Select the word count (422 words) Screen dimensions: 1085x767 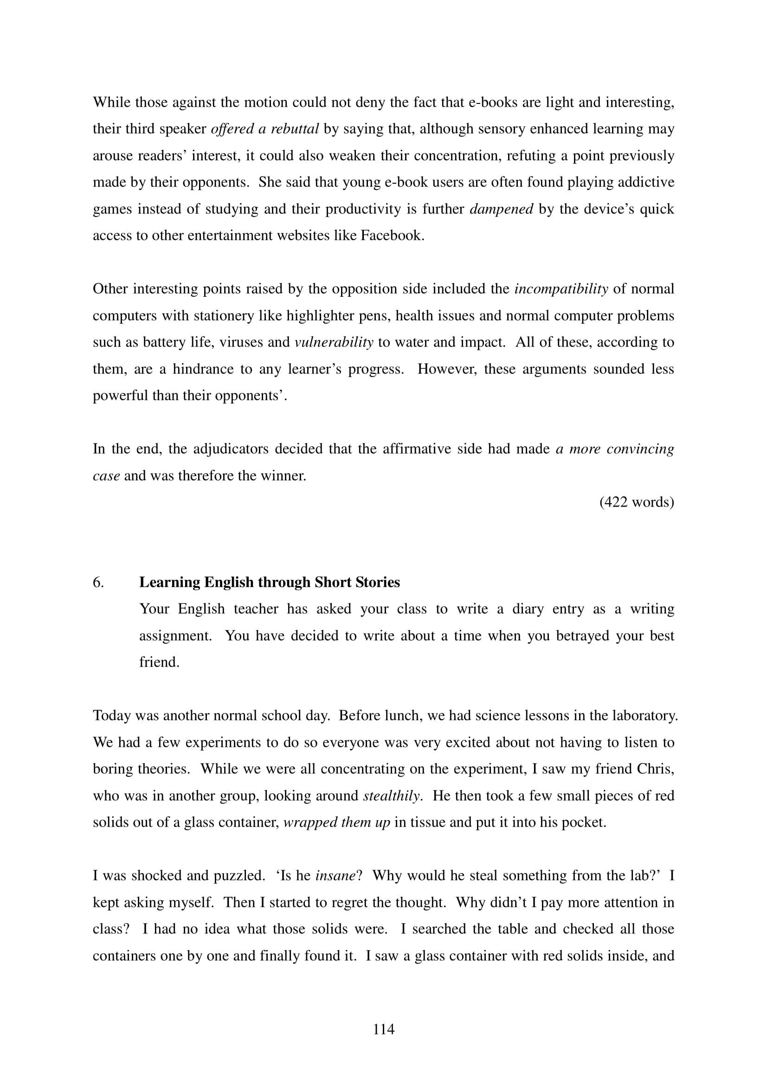click(x=637, y=502)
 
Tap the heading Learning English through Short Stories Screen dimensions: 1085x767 click(x=270, y=582)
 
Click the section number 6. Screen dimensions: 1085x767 click(x=98, y=582)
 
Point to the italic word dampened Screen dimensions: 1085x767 click(x=501, y=209)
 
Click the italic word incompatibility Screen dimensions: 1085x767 click(x=561, y=289)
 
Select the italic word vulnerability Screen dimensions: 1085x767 click(x=334, y=342)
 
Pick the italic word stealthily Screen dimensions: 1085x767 click(x=392, y=796)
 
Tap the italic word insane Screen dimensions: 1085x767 click(x=335, y=876)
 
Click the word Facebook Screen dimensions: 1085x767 click(x=392, y=235)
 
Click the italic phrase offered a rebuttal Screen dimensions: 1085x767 click(x=264, y=129)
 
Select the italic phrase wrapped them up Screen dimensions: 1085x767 click(x=336, y=822)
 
